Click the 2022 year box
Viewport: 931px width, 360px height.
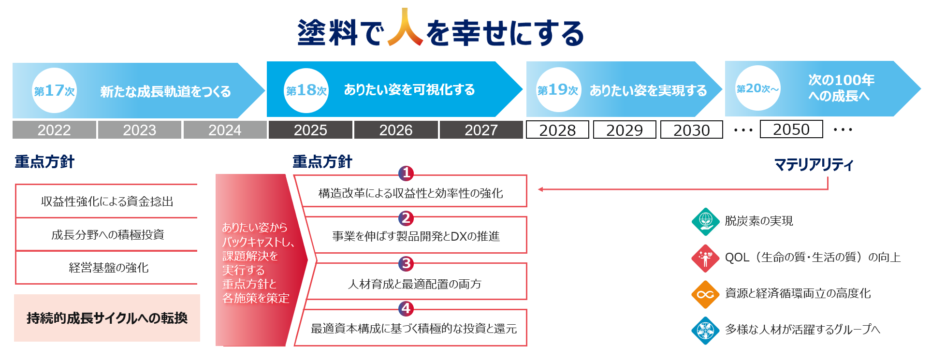(x=54, y=130)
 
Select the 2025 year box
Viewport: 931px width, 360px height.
(x=310, y=130)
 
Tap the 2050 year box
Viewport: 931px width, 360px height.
(x=791, y=129)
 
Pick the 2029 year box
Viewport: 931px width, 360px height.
(x=625, y=130)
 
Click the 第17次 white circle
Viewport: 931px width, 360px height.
(x=54, y=90)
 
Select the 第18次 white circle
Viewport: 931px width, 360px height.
(x=306, y=90)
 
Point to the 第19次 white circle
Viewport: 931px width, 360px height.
(x=558, y=90)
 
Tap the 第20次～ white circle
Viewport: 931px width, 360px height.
(x=757, y=88)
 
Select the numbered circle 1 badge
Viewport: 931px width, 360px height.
(x=406, y=173)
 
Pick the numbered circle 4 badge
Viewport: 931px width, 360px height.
(x=406, y=308)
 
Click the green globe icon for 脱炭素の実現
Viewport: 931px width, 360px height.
(x=705, y=221)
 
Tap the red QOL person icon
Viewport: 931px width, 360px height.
(x=705, y=258)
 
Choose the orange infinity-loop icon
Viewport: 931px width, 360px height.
(x=705, y=294)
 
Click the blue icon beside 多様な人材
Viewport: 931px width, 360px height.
(x=705, y=331)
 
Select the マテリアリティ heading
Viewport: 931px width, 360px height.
(x=814, y=165)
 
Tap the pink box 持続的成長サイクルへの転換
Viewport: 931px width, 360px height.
(x=107, y=318)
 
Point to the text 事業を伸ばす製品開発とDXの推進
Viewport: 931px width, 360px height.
(x=416, y=236)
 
